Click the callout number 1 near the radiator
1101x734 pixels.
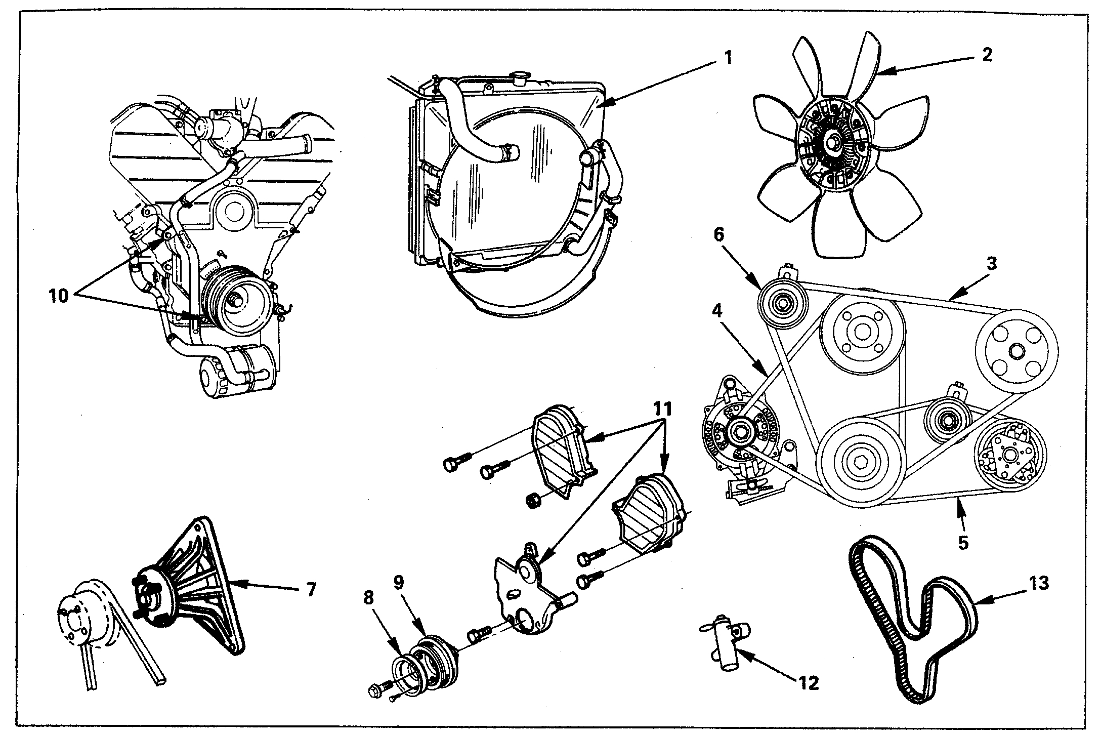pos(727,57)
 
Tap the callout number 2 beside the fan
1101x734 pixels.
pos(987,55)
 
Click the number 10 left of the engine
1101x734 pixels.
pos(59,296)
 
